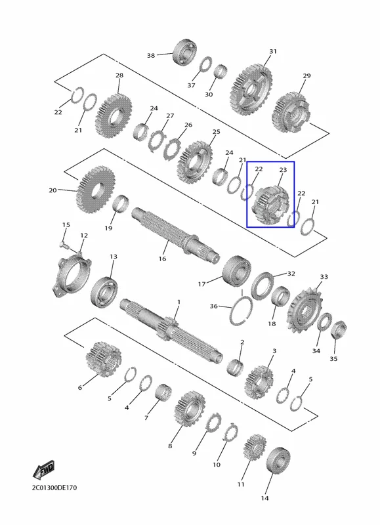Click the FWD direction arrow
click(43, 471)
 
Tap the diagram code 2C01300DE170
click(54, 488)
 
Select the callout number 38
click(151, 56)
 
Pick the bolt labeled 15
click(64, 245)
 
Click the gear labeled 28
click(113, 115)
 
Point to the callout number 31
click(273, 51)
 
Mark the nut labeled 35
click(339, 330)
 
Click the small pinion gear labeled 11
click(255, 448)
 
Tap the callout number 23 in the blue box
click(283, 170)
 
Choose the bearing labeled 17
click(237, 270)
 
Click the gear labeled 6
click(104, 360)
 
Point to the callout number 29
click(306, 76)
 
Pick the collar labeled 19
click(121, 204)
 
